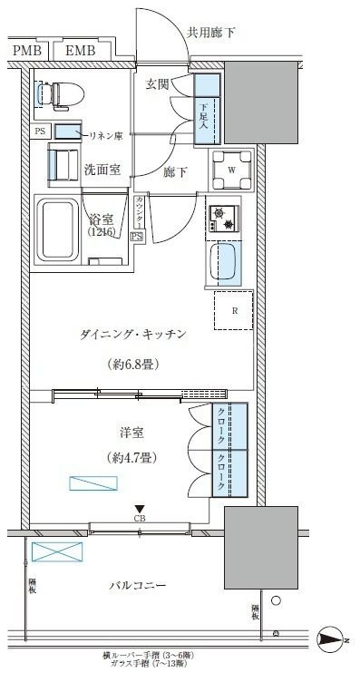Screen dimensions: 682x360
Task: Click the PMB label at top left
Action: [x=27, y=52]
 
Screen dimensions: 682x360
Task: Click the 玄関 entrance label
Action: [x=158, y=84]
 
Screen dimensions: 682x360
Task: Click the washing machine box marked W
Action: [x=231, y=167]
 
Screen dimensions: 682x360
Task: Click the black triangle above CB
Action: [x=139, y=509]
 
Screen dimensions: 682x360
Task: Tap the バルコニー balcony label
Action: [x=137, y=587]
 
